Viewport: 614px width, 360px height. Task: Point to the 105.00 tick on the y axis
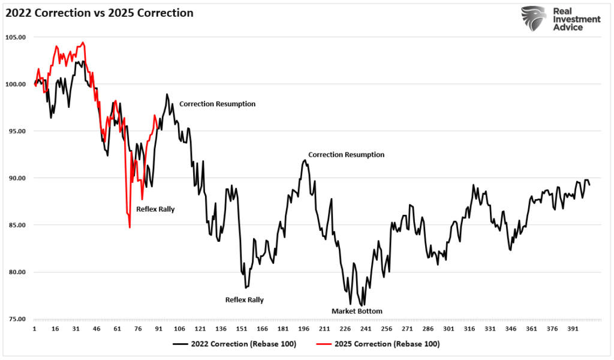click(x=17, y=37)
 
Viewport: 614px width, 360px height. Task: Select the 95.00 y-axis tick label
click(x=17, y=131)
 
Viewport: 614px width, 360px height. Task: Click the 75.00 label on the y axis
click(x=17, y=319)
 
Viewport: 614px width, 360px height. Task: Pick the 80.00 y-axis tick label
click(x=17, y=272)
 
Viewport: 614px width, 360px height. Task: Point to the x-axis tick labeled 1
click(x=35, y=329)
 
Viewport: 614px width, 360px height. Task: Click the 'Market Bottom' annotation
click(x=357, y=311)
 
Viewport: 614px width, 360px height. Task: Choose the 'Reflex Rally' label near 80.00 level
click(x=244, y=300)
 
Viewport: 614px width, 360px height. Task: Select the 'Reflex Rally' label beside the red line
click(x=155, y=209)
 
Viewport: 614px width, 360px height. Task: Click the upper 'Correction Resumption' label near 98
click(x=217, y=104)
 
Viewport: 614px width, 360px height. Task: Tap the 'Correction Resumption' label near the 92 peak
click(x=346, y=154)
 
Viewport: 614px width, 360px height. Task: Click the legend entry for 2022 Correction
click(x=235, y=344)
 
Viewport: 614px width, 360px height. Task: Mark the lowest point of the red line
click(x=130, y=227)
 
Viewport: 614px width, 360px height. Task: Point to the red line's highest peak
click(x=83, y=43)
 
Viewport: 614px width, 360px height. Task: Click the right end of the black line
click(x=589, y=185)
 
